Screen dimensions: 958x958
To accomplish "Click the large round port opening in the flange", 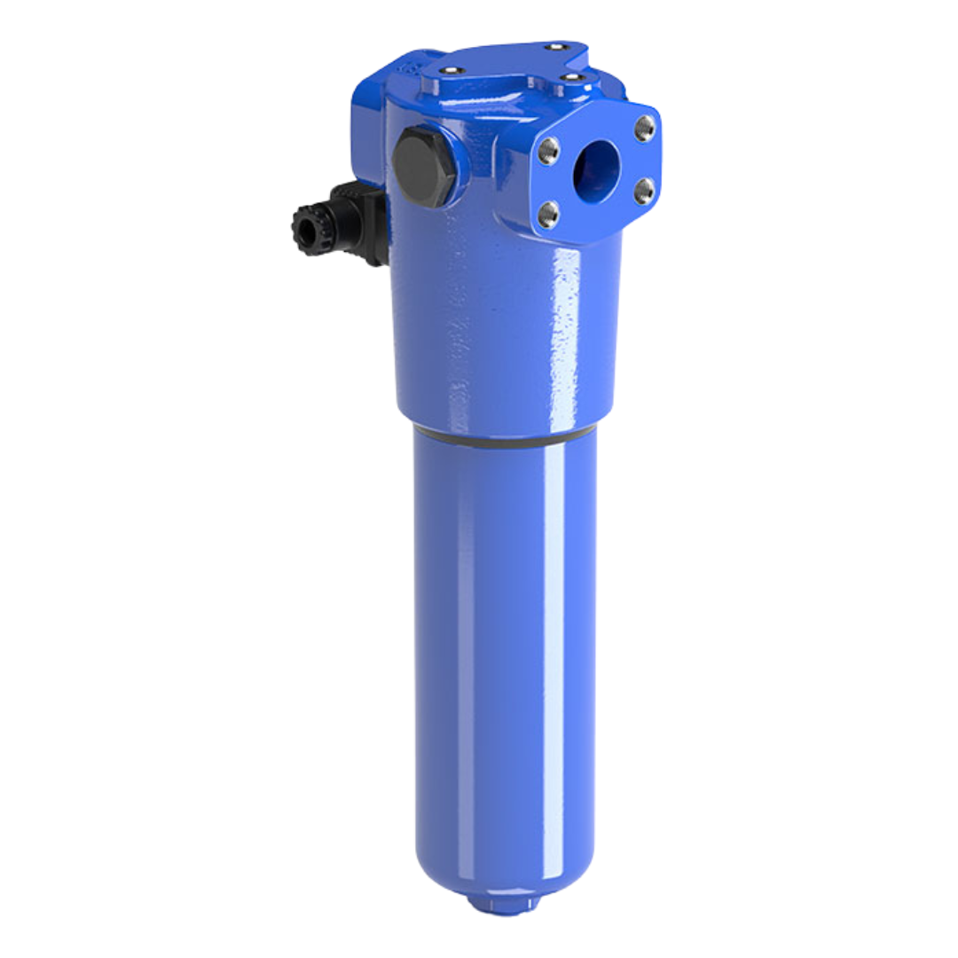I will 596,171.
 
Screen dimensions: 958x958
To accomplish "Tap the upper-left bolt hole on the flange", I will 549,152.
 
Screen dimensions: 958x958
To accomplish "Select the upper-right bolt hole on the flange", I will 645,129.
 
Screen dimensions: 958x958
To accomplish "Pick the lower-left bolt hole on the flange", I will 549,214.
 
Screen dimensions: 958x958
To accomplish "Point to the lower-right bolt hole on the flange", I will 645,190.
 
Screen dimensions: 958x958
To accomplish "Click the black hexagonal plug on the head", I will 423,166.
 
